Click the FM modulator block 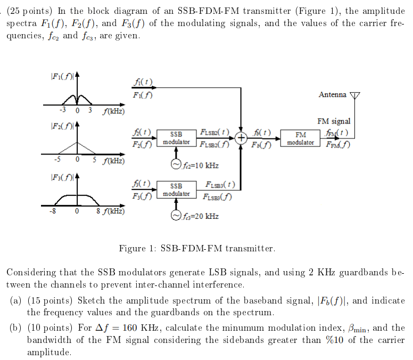300,138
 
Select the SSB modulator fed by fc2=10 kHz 176,138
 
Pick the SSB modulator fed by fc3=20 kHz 176,190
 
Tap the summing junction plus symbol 242,138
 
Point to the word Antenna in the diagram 332,95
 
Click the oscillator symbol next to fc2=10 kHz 176,165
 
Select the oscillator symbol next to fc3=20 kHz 176,216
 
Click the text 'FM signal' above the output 334,121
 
